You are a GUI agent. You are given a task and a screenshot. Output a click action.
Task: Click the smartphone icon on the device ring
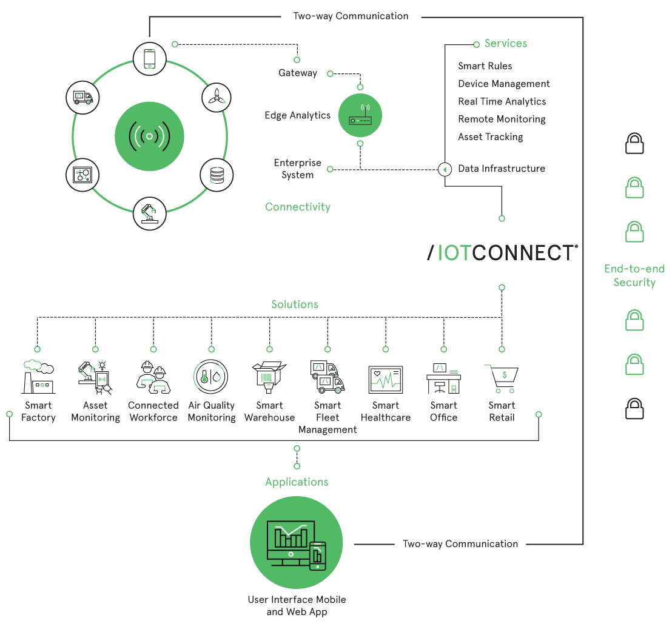[x=149, y=59]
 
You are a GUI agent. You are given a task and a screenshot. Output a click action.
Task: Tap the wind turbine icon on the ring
[x=217, y=96]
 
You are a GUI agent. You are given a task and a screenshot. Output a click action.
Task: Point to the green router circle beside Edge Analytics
[x=360, y=115]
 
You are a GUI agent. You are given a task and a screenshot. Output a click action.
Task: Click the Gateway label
[x=298, y=73]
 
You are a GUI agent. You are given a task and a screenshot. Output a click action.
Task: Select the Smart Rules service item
[x=485, y=66]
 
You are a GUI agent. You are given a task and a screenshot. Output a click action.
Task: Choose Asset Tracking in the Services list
[x=490, y=137]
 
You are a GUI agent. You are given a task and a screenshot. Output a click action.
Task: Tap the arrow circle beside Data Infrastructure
[x=445, y=169]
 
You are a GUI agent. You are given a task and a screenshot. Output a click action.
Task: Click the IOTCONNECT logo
[x=502, y=253]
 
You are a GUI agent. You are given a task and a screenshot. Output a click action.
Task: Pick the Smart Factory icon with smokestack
[x=38, y=377]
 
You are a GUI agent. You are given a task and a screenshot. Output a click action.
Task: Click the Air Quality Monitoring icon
[x=211, y=377]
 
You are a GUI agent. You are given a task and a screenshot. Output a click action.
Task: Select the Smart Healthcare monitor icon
[x=386, y=380]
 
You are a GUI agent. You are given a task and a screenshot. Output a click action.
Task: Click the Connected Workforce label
[x=153, y=411]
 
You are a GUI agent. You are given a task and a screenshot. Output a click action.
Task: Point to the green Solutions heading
[x=295, y=304]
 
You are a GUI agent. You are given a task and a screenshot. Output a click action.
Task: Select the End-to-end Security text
[x=634, y=275]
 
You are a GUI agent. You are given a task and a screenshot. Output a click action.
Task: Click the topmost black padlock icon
[x=634, y=143]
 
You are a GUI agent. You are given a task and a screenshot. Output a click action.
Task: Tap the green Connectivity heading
[x=298, y=207]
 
